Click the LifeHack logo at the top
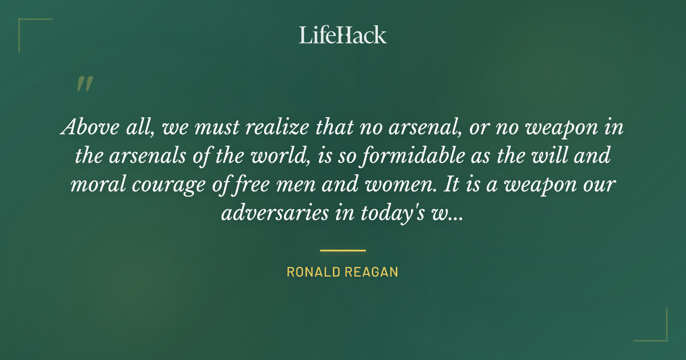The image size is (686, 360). click(x=342, y=35)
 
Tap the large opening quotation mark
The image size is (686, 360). click(x=84, y=85)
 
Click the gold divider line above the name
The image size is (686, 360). click(x=342, y=250)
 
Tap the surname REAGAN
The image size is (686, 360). click(x=372, y=272)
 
